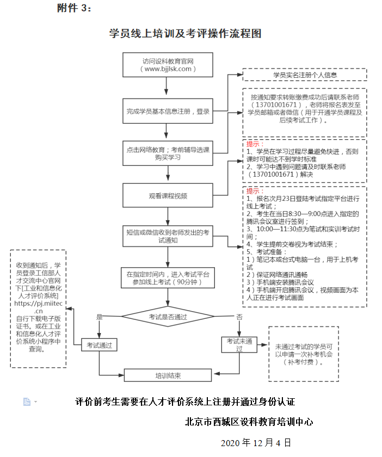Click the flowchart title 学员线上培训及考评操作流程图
pos(185,34)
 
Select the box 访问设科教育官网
pos(168,65)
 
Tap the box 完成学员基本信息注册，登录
pos(168,112)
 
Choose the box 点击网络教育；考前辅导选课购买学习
pos(168,153)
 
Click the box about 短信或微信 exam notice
pos(168,236)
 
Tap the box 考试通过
pos(100,345)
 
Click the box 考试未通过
pos(239,345)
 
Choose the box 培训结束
pos(168,375)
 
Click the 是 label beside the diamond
pos(99,317)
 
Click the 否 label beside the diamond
pos(239,317)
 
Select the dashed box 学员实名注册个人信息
pos(305,75)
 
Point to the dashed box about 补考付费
pos(303,354)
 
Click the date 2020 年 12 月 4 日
pos(256,442)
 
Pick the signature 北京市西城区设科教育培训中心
pos(249,422)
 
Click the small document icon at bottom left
pos(27,402)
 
